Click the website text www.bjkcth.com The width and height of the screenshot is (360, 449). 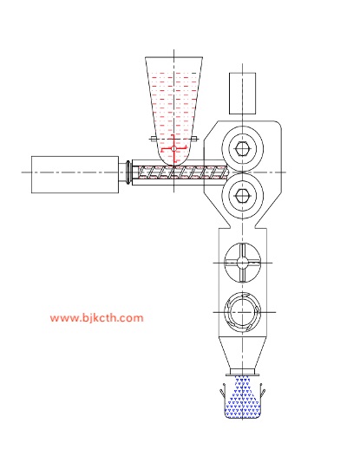coord(96,318)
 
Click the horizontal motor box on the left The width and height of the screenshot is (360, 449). coord(75,174)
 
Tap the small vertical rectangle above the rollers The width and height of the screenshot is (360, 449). coord(243,94)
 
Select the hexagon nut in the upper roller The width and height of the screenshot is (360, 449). coord(242,149)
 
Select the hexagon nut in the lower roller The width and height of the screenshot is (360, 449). coord(242,195)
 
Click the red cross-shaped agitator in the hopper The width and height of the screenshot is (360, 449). coord(173,149)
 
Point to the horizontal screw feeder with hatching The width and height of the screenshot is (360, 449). coord(183,172)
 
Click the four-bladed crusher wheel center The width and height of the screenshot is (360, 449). coord(242,263)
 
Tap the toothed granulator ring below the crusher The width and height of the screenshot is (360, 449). coord(242,312)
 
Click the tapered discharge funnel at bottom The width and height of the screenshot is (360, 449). coord(242,353)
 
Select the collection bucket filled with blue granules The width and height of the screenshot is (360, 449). coord(243,400)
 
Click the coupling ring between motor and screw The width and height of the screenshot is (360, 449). coord(128,172)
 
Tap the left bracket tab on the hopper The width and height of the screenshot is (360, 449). coord(154,139)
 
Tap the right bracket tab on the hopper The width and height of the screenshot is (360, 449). coord(194,139)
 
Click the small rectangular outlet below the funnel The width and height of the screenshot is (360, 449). coord(242,372)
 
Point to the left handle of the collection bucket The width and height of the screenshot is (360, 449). coord(223,390)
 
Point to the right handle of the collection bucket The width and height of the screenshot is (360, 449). coord(262,390)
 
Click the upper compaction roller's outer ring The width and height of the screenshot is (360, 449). coord(242,128)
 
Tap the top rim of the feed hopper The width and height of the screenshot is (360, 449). coord(173,57)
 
